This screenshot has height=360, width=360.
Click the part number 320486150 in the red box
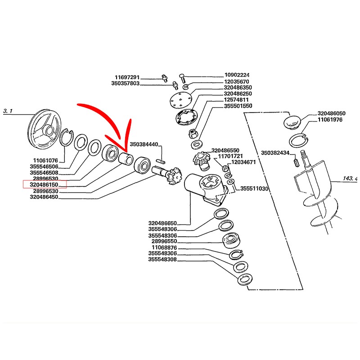click(44, 184)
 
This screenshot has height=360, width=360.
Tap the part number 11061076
click(45, 160)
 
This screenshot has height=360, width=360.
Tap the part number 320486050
click(331, 113)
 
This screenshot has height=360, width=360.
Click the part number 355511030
click(254, 189)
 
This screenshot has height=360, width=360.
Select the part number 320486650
click(162, 223)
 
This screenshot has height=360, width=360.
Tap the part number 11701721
click(231, 156)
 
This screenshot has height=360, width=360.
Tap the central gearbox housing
click(205, 188)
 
